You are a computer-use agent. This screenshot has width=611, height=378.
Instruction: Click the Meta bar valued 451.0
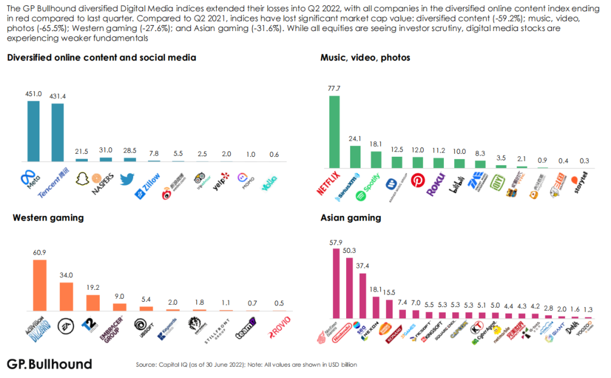(34, 131)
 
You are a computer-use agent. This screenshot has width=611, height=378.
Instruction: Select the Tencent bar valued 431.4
(57, 132)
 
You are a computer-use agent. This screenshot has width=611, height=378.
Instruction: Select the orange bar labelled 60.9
(39, 285)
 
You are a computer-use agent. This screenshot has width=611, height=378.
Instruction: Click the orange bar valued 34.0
(66, 296)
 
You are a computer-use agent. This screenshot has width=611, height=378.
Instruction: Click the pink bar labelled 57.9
(336, 280)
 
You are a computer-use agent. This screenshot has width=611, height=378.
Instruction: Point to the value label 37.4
(363, 266)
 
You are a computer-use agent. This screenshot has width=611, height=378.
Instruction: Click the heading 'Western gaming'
(48, 218)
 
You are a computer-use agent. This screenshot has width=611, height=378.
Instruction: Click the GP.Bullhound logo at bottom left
(49, 364)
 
